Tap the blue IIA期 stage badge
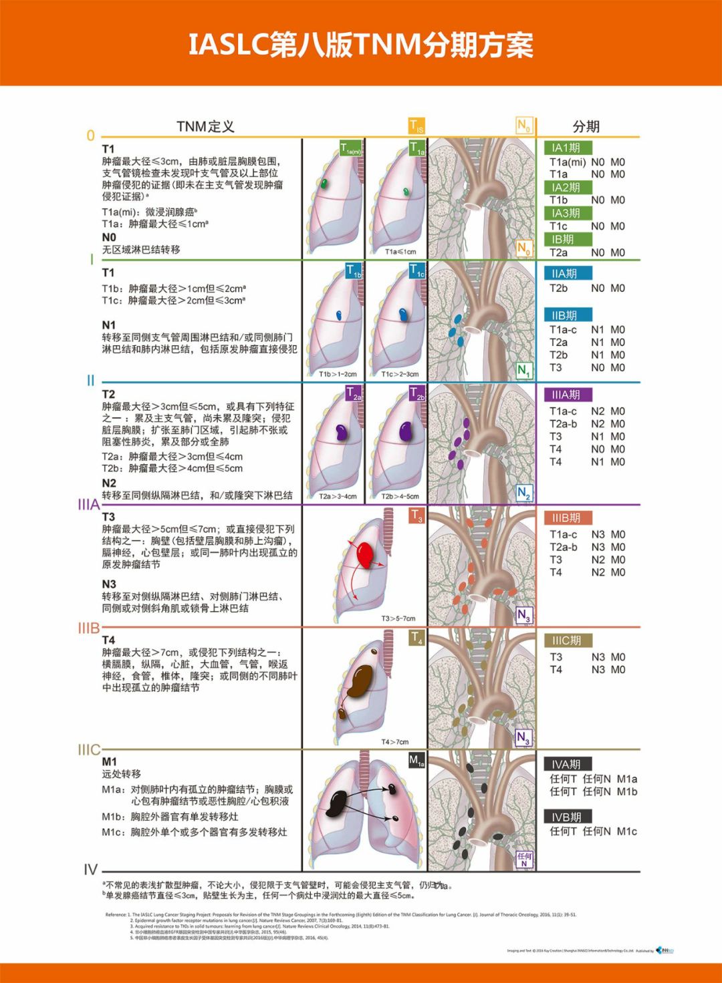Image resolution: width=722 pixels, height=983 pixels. click(564, 274)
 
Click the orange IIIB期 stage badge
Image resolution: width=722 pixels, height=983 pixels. click(566, 518)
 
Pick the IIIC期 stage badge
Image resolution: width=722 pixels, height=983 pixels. click(566, 641)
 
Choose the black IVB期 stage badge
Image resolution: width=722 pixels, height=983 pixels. click(566, 817)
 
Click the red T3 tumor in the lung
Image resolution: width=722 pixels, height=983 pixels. click(365, 554)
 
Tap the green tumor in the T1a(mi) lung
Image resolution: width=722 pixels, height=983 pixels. click(324, 184)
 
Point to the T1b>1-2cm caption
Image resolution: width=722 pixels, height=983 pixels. click(338, 375)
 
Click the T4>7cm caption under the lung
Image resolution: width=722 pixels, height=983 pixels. click(394, 742)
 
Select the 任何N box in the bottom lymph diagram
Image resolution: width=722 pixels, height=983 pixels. click(525, 859)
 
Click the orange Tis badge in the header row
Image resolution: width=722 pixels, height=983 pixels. click(416, 126)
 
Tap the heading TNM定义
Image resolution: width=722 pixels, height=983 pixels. click(205, 127)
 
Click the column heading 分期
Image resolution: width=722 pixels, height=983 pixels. click(586, 127)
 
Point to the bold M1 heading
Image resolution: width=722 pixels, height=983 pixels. click(109, 762)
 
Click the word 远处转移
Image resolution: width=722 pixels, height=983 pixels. click(122, 775)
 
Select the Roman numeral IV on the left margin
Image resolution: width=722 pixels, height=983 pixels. click(91, 869)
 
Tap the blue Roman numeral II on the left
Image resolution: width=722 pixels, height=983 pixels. click(90, 381)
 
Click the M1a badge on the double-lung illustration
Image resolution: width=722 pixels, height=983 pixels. click(416, 761)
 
